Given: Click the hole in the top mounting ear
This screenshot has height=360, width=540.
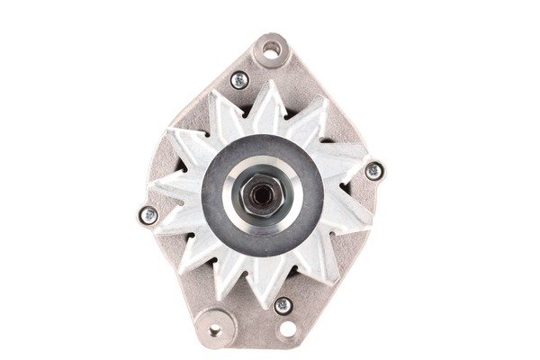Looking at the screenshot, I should (x=270, y=51).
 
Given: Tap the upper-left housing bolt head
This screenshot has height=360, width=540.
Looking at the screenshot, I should (x=239, y=80).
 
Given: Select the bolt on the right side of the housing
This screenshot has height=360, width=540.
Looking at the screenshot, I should (x=373, y=170).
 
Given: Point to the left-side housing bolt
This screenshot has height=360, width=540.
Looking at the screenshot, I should (x=148, y=214).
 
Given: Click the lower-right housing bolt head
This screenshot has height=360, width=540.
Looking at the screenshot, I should (x=283, y=304).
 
